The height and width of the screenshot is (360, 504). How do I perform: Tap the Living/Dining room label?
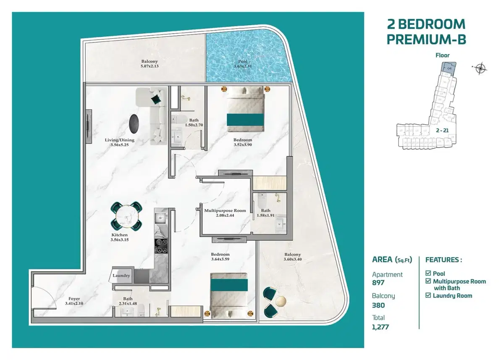pyautogui.click(x=120, y=140)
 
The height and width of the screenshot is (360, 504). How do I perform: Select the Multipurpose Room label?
pyautogui.click(x=225, y=210)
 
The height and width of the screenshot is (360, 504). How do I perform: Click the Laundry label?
pyautogui.click(x=121, y=276)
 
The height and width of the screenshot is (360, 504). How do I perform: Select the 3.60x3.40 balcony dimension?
pyautogui.click(x=292, y=260)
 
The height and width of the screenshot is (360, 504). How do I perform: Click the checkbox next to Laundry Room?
pyautogui.click(x=428, y=296)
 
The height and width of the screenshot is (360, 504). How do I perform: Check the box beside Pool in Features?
pyautogui.click(x=428, y=273)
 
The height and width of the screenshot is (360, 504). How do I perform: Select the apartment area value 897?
pyautogui.click(x=378, y=283)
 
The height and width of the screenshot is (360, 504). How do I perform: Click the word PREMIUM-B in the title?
pyautogui.click(x=426, y=39)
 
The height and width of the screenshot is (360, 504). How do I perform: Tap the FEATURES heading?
pyautogui.click(x=444, y=260)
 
